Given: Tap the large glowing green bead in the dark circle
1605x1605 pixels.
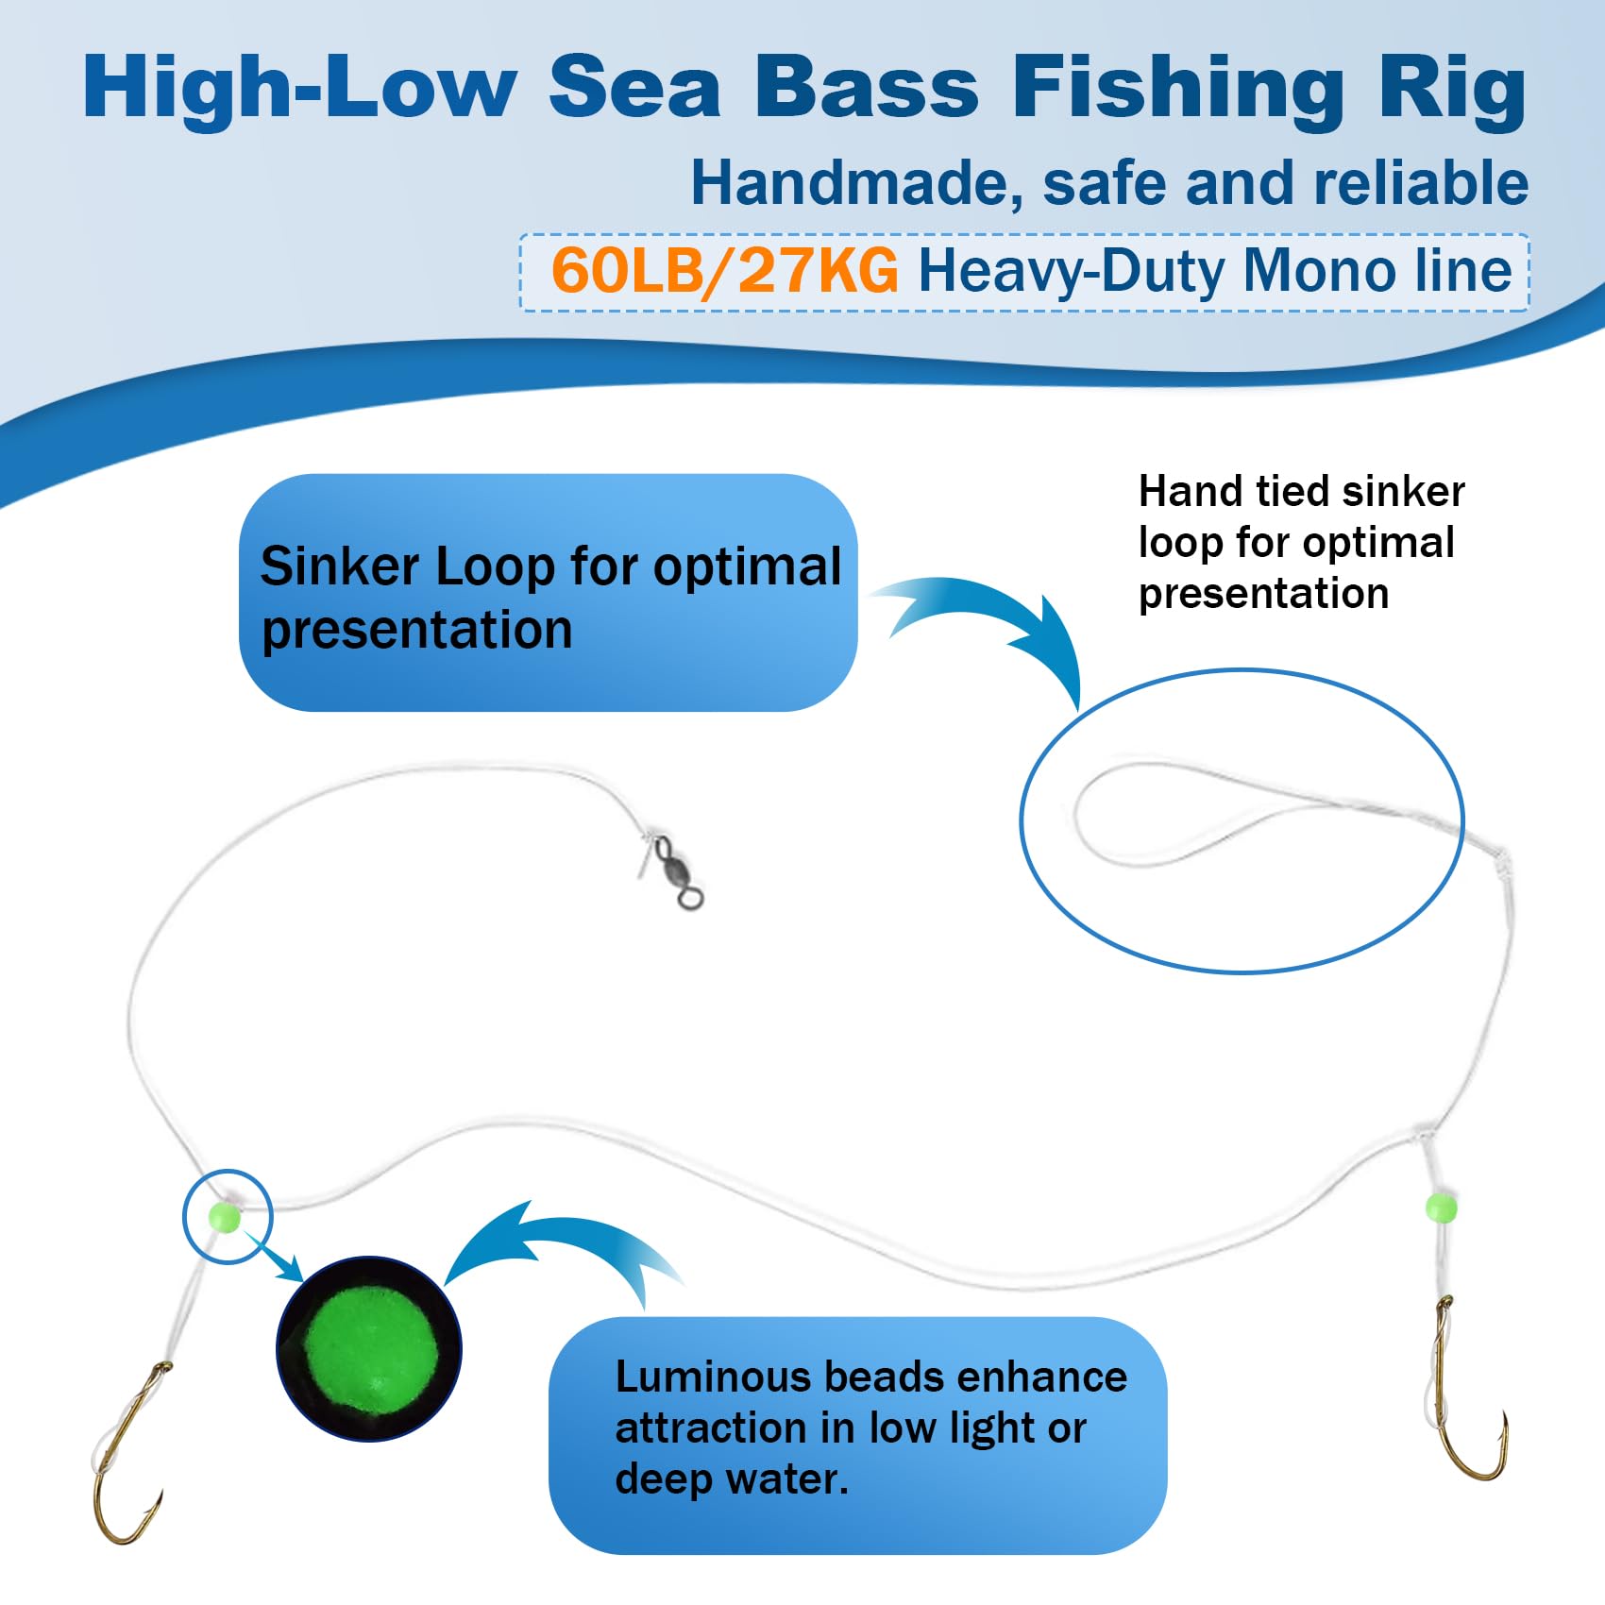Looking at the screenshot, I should tap(369, 1348).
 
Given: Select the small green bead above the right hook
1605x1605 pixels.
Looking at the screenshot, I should tap(1440, 1207).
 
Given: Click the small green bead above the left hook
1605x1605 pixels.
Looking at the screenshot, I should tap(225, 1216).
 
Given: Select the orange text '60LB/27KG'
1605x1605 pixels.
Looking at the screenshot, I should tap(724, 271).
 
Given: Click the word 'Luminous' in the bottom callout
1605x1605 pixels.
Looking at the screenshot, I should tap(713, 1377).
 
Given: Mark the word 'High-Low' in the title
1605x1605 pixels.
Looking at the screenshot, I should tap(299, 87).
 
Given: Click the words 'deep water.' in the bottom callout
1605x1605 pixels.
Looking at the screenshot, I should tap(732, 1478).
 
